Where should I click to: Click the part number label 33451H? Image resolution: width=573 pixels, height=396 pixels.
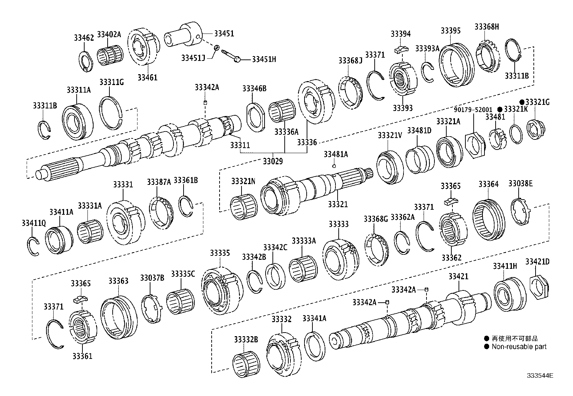click(x=264, y=59)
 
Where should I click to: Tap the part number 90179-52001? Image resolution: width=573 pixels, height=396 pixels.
click(x=473, y=110)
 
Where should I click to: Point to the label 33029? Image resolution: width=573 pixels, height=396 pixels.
click(x=272, y=161)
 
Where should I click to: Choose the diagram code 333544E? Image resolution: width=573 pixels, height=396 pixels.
click(x=540, y=375)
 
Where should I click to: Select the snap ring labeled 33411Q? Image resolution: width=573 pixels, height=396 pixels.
click(x=33, y=246)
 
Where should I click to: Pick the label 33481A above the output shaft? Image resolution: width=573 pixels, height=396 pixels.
click(x=335, y=154)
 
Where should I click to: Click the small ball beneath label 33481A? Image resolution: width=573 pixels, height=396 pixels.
click(x=334, y=166)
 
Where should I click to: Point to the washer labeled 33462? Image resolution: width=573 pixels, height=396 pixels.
click(x=86, y=61)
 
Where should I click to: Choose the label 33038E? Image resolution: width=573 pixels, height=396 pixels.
click(x=520, y=184)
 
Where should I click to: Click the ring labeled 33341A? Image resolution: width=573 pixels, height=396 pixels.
click(x=315, y=346)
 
